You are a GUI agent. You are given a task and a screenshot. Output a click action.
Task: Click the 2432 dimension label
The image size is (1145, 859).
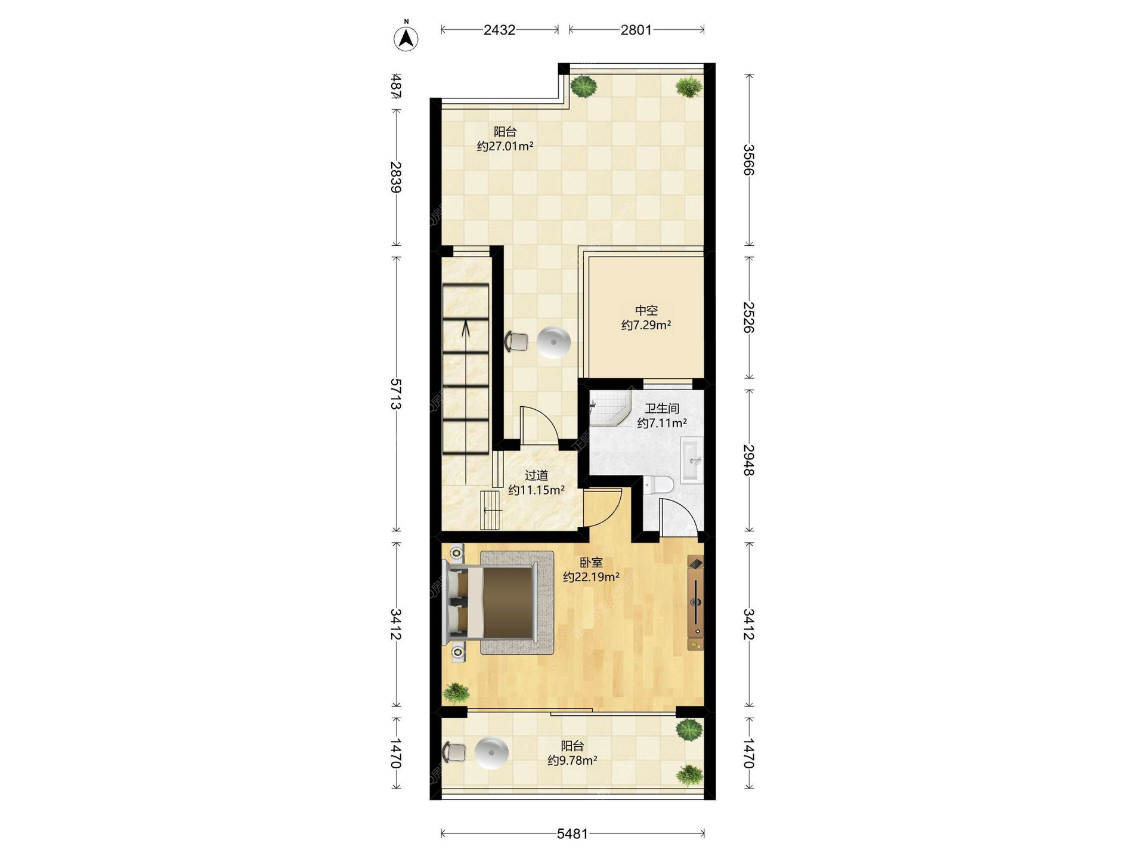click(499, 30)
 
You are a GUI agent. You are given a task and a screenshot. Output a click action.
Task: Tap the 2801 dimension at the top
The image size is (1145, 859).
click(636, 30)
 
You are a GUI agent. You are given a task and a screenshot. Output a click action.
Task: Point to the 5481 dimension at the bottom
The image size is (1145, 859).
click(572, 834)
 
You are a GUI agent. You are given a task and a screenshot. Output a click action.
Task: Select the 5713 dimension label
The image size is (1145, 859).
click(395, 394)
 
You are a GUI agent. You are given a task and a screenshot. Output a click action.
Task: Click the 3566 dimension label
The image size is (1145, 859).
click(749, 160)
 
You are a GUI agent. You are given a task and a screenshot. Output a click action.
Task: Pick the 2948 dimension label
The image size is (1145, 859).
click(749, 460)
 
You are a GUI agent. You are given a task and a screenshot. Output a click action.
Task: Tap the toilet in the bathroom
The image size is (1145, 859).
click(658, 485)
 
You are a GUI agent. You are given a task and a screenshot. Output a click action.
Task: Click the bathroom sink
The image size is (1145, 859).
click(692, 460)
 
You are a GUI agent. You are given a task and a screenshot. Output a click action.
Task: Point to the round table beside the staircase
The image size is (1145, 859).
click(554, 342)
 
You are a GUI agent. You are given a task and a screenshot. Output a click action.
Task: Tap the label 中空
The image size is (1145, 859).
click(646, 310)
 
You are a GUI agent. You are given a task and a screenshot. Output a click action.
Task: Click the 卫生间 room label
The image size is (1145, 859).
click(662, 409)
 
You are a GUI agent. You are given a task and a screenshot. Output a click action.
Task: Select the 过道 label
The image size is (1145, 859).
click(536, 475)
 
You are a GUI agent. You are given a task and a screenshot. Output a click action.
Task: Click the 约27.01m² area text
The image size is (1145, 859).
click(505, 146)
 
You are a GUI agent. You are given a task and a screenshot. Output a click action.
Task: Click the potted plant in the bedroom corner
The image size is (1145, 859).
click(456, 693)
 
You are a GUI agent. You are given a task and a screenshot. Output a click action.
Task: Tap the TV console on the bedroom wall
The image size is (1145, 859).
click(695, 603)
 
